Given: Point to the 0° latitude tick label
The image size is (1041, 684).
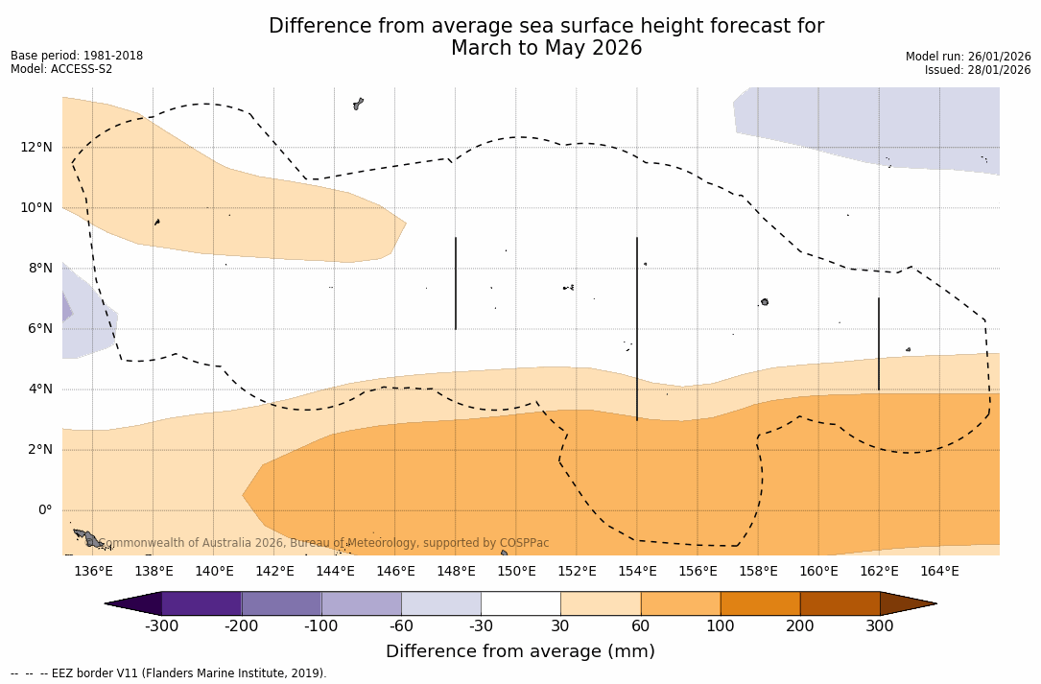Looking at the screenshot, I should tap(44, 510).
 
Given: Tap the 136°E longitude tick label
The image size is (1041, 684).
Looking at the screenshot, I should tap(93, 572).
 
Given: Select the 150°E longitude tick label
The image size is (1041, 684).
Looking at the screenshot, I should tap(516, 572).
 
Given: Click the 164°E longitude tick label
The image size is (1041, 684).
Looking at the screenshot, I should tap(939, 572).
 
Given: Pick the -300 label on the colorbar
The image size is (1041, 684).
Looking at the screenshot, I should tap(161, 626).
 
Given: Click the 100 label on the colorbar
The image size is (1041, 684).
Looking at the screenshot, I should tap(721, 626).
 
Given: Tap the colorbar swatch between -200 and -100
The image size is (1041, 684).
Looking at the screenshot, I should tap(281, 603).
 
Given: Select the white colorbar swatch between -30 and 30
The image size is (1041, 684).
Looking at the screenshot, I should tap(521, 603).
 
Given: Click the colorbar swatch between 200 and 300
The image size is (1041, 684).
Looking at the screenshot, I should tap(840, 603).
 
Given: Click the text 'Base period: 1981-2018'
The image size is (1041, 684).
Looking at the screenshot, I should tap(77, 56).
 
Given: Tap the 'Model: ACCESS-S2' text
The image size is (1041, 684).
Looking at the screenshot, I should tap(61, 69).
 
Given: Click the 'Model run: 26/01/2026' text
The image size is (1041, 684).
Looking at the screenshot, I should tap(968, 57).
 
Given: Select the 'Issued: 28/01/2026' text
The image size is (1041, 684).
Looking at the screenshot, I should tap(978, 70).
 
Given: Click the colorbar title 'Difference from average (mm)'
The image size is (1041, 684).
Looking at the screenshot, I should tap(520, 652).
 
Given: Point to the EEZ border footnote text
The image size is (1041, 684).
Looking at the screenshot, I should tap(168, 673).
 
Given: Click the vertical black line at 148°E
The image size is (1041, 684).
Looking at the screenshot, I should tap(456, 283).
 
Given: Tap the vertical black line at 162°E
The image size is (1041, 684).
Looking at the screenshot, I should tap(879, 343).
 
